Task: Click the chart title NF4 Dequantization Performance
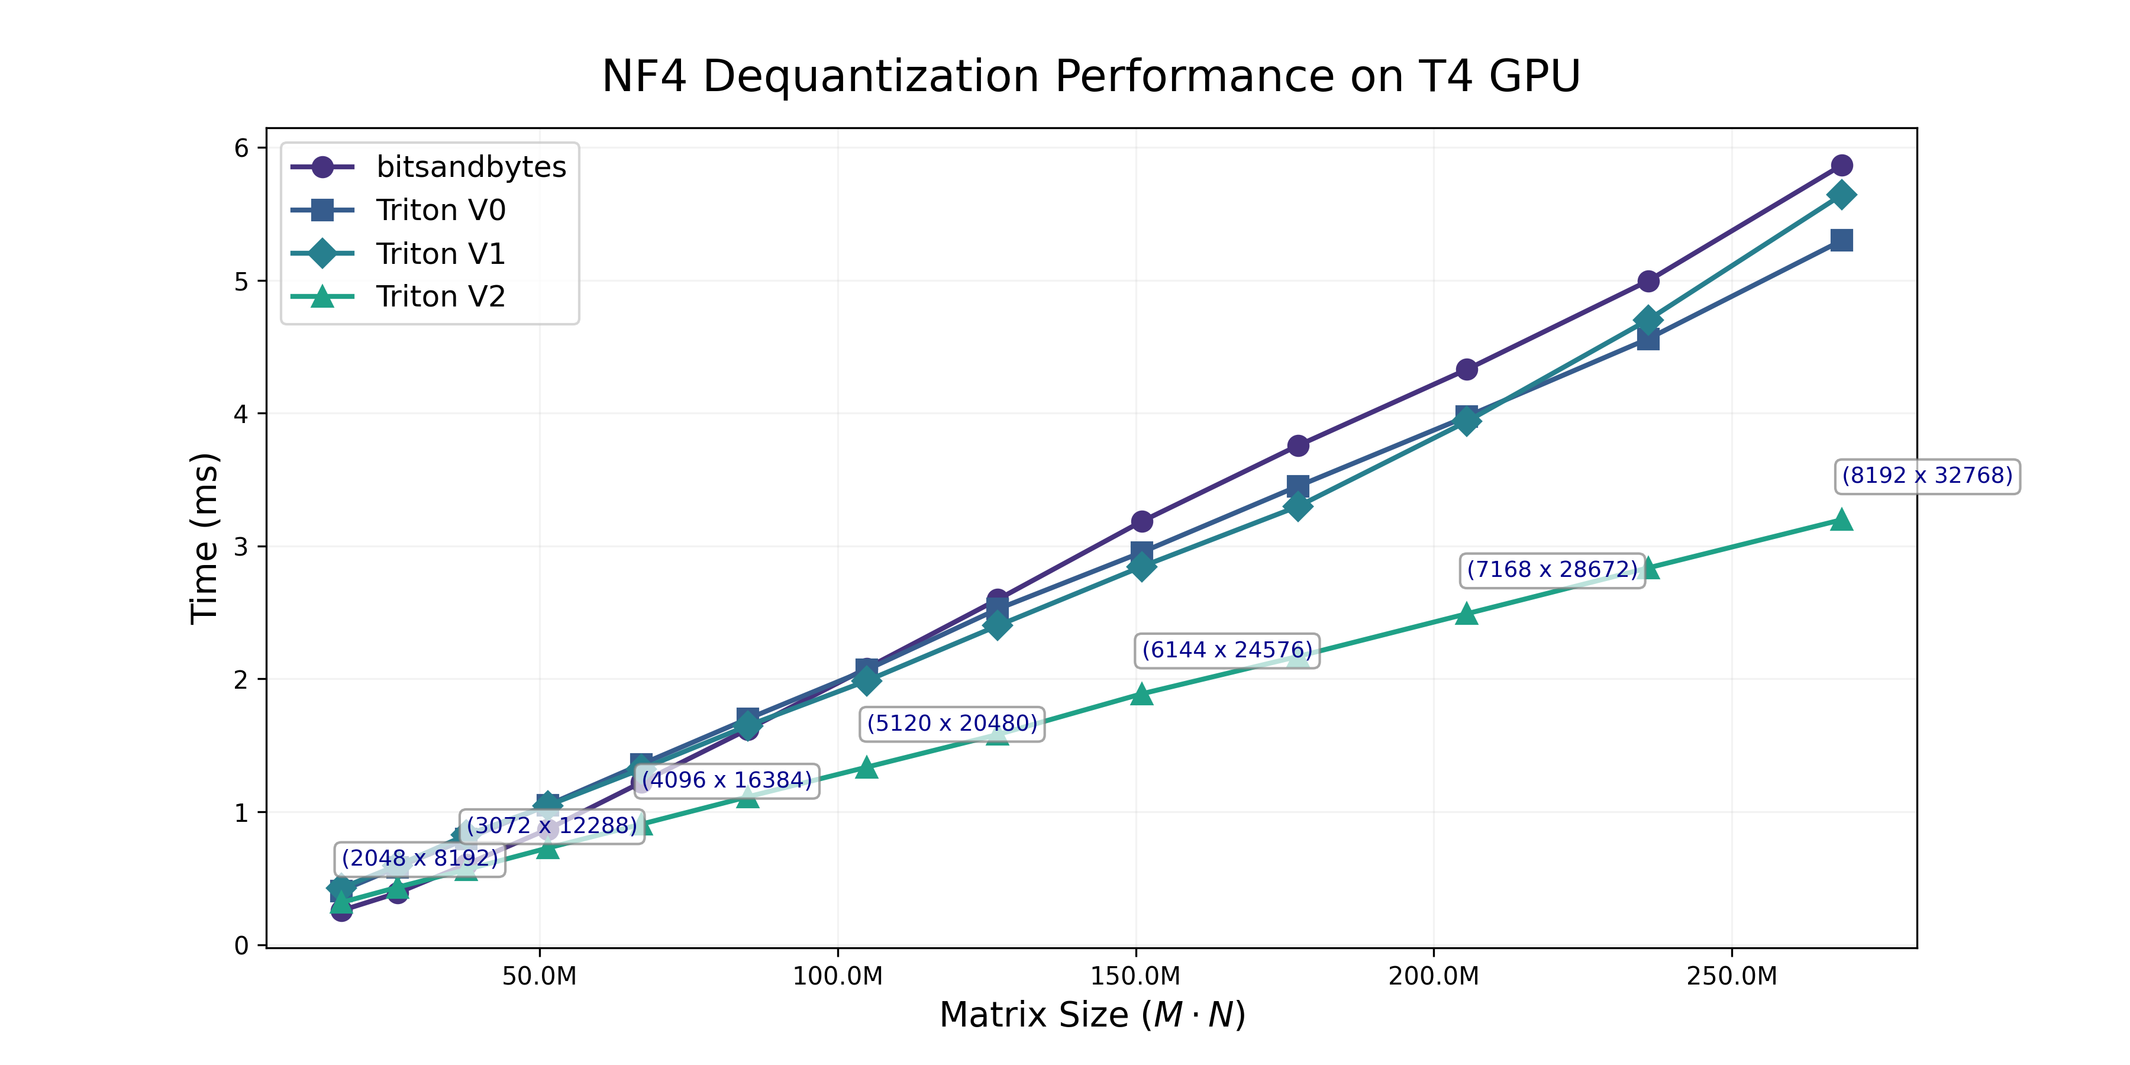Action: pyautogui.click(x=1090, y=76)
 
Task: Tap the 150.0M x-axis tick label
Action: pyautogui.click(x=1135, y=976)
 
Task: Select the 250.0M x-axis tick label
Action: pyautogui.click(x=1731, y=976)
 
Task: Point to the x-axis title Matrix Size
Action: pyautogui.click(x=1092, y=1015)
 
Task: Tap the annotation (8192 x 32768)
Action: pyautogui.click(x=1926, y=476)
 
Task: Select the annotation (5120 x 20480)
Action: pyautogui.click(x=952, y=724)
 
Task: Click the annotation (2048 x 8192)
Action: pyautogui.click(x=420, y=859)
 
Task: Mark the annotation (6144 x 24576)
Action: pyautogui.click(x=1227, y=650)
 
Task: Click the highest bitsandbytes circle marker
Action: pyautogui.click(x=1841, y=166)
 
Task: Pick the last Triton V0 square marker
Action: pyautogui.click(x=1841, y=241)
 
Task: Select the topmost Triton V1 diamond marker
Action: pyautogui.click(x=1841, y=195)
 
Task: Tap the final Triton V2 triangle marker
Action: pyautogui.click(x=1841, y=520)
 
